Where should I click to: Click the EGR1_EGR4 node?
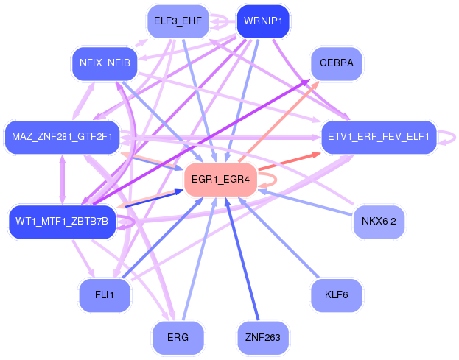pos(220,180)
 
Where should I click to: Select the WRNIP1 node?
pos(263,21)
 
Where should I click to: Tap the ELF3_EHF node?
pos(178,21)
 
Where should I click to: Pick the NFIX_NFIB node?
pos(105,63)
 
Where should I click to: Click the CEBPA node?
pos(337,63)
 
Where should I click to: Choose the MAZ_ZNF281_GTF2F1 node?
pos(62,137)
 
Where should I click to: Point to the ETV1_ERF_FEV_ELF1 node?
pos(379,137)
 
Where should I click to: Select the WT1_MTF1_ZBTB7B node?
pos(62,222)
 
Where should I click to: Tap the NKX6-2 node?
pos(379,222)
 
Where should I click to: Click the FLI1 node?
pos(105,295)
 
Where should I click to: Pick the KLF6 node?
pos(337,295)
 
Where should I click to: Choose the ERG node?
pos(178,338)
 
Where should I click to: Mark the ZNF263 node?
pos(263,338)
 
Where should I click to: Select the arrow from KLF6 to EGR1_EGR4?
pos(278,238)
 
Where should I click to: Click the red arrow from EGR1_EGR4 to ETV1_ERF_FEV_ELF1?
pos(290,160)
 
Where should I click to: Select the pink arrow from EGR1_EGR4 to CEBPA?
pos(278,121)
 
